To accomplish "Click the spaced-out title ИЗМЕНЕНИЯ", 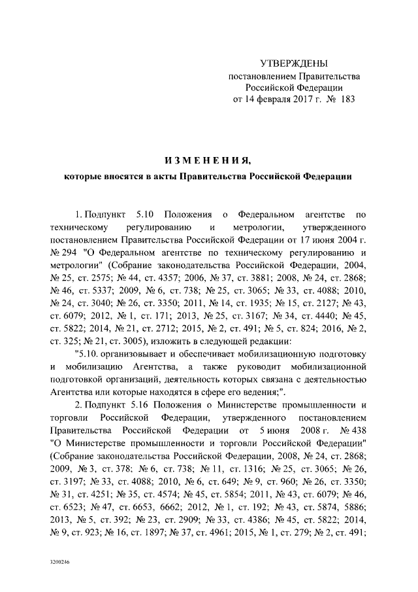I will pyautogui.click(x=208, y=160).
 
